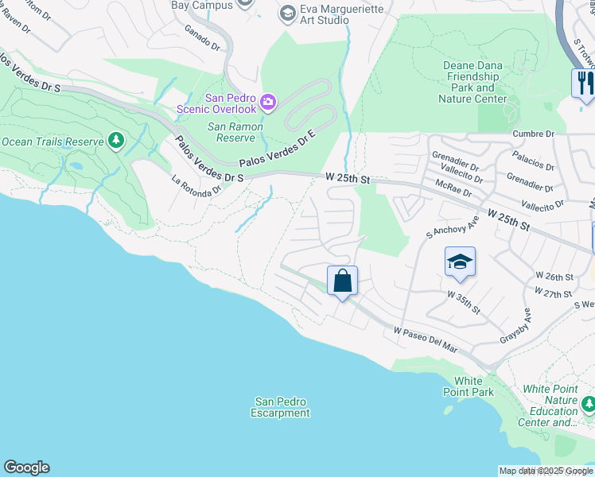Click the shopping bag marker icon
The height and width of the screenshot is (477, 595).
(342, 281)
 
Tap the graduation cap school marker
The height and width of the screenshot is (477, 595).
(460, 262)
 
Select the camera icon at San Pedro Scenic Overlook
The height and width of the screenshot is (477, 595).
(268, 101)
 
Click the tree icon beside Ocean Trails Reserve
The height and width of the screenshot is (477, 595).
(117, 142)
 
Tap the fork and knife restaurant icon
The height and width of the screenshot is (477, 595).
(583, 83)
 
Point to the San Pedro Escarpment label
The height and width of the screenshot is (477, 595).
(280, 408)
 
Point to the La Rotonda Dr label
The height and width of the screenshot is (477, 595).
(196, 186)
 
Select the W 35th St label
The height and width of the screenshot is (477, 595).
(463, 302)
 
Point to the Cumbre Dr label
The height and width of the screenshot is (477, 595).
(533, 134)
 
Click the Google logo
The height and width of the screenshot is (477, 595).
(26, 467)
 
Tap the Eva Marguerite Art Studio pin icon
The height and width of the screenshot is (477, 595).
(287, 13)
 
